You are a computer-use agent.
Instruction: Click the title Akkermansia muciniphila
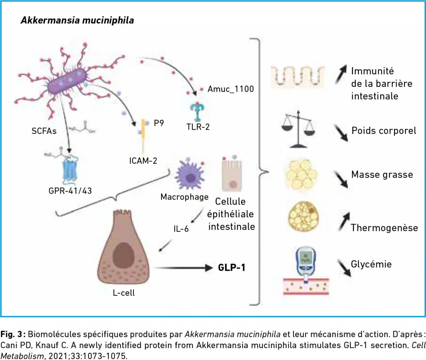tap(77, 20)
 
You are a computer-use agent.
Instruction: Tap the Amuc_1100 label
tap(230, 89)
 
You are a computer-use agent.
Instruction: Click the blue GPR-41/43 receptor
tap(70, 170)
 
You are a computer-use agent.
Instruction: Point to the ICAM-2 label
tap(143, 160)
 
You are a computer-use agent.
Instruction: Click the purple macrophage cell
tap(190, 176)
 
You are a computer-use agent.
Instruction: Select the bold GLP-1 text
tap(232, 268)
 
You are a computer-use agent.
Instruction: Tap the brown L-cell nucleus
tap(123, 253)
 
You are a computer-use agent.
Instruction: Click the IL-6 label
tap(181, 229)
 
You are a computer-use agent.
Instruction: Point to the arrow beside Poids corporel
tap(341, 133)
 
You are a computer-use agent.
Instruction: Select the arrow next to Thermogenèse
tap(344, 221)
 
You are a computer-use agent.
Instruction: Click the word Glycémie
tap(371, 264)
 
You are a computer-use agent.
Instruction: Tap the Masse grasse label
tap(382, 175)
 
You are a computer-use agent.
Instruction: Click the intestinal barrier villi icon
tap(297, 77)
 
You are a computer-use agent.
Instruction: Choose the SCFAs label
tap(44, 131)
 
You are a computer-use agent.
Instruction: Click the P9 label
tap(159, 123)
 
